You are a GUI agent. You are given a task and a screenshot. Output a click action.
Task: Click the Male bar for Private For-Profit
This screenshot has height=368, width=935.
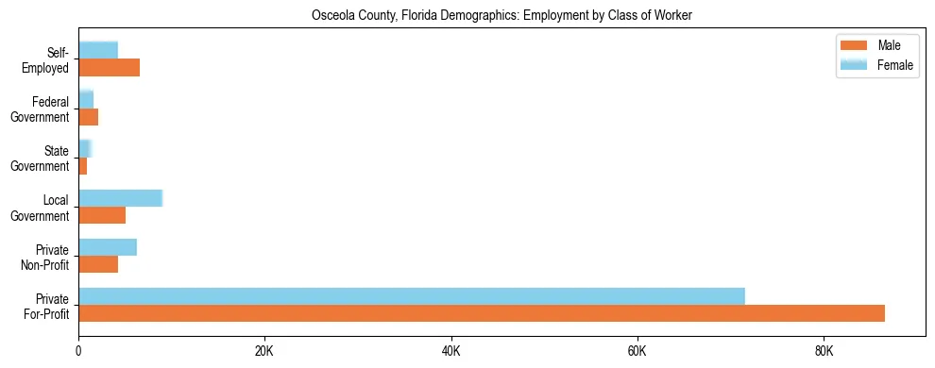[482, 313]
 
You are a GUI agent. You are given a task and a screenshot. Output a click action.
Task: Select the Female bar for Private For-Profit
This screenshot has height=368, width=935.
[412, 296]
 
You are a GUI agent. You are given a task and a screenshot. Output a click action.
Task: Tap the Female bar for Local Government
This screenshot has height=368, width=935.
[120, 198]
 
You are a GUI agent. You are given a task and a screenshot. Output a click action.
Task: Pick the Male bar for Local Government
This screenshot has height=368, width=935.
[102, 215]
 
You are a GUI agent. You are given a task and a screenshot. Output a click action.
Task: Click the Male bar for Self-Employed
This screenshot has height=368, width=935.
[109, 68]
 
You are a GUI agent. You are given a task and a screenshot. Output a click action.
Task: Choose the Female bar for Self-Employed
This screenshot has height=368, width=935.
[98, 50]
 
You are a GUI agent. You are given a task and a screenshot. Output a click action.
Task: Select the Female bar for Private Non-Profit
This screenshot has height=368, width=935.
[108, 247]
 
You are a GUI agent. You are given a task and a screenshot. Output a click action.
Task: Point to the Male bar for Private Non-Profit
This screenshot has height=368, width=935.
[98, 264]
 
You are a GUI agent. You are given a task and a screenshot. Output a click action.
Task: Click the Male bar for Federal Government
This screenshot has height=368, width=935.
[88, 117]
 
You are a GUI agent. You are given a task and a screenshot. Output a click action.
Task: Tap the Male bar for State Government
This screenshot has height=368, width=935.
[83, 166]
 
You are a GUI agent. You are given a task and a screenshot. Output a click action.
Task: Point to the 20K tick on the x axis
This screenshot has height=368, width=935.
[264, 352]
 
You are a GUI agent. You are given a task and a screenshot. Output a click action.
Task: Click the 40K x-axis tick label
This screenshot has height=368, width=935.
[450, 352]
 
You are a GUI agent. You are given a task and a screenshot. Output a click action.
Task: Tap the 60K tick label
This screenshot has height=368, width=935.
[637, 352]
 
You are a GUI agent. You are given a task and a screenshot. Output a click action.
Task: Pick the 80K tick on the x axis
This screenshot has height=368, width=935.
[824, 352]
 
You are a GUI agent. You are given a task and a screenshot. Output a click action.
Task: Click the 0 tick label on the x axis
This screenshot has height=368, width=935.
[78, 352]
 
